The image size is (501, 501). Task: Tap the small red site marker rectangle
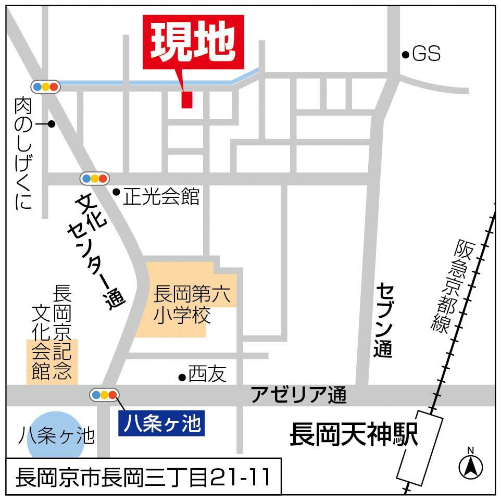point(187,99)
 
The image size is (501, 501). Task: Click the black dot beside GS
point(405,54)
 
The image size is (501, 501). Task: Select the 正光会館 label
point(161,197)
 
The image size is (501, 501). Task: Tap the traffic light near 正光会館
point(95,179)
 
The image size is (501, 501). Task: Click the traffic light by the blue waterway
point(46,87)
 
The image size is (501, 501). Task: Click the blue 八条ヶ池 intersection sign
point(161,423)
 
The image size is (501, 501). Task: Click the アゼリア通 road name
point(298,395)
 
